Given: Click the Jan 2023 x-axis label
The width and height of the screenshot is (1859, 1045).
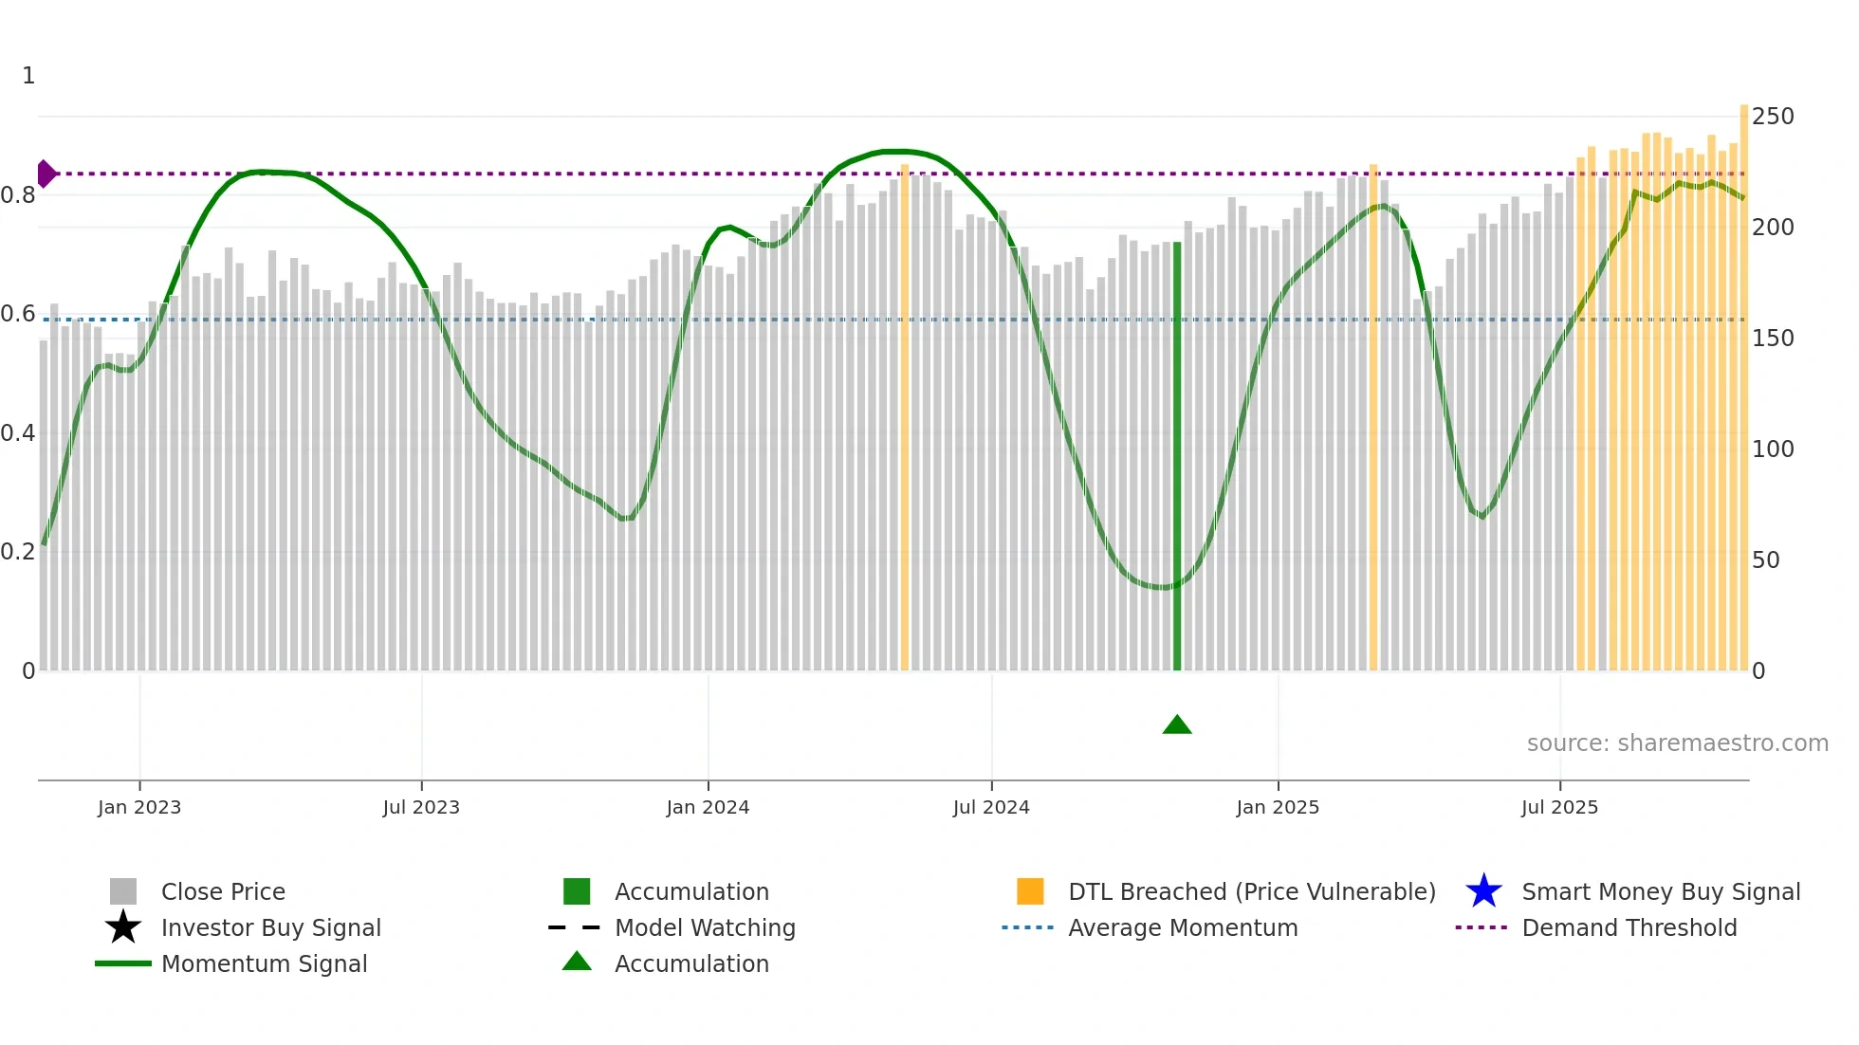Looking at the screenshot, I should tap(138, 807).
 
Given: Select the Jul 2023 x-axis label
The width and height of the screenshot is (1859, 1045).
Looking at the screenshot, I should tap(421, 807).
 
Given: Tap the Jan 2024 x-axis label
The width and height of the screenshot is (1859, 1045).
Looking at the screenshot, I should tap(708, 807).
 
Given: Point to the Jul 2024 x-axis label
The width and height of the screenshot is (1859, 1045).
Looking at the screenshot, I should tap(991, 807).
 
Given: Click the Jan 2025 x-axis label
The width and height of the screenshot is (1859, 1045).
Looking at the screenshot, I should tap(1278, 807).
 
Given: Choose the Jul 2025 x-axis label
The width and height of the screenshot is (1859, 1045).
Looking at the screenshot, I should tap(1559, 807).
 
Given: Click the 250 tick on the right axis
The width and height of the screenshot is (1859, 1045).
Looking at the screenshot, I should tap(1773, 117).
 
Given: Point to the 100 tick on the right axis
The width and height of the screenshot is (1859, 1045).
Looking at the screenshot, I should tap(1773, 449).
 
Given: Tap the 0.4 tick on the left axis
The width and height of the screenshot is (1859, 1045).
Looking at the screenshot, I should tap(18, 433).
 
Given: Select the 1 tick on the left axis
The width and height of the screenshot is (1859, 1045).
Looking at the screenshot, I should tap(28, 76).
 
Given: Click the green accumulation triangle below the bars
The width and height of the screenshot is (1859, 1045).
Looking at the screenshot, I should tap(1177, 725).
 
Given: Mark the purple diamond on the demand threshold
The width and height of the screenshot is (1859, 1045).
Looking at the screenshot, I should tap(46, 174).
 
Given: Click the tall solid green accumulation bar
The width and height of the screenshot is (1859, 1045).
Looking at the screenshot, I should tap(1177, 455).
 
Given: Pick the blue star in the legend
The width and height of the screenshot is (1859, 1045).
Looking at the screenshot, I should tap(1483, 891).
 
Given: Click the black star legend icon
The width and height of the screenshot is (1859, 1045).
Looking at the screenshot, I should tap(123, 927).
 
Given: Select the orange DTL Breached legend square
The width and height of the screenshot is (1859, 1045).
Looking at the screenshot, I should tap(1030, 891).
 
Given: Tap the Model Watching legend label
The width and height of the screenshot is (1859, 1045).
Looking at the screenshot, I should tap(705, 927).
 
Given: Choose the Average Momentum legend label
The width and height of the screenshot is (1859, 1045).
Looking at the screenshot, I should tap(1183, 927).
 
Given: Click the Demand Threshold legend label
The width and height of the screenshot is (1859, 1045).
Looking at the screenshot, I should tap(1629, 927).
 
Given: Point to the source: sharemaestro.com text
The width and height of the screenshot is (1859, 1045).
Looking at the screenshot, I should tap(1677, 743).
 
